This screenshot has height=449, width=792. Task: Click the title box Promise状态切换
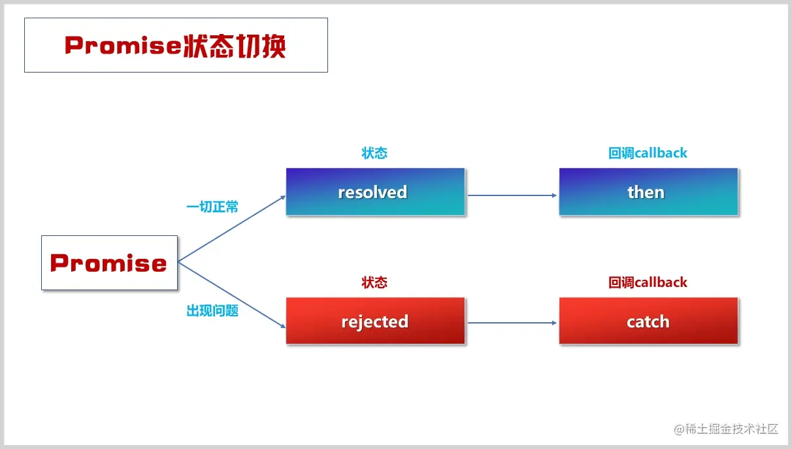(176, 45)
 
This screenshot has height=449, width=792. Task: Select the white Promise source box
(109, 263)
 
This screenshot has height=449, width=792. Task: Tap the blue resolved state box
(375, 192)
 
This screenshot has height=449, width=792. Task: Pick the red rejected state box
(375, 321)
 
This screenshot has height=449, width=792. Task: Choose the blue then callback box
(648, 192)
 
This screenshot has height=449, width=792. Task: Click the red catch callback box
(648, 321)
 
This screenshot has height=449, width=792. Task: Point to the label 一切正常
(212, 207)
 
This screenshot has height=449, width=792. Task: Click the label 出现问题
(212, 311)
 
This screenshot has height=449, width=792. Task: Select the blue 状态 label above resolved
(374, 153)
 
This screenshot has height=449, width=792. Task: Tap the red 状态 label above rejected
(374, 282)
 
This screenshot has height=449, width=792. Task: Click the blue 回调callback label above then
(648, 153)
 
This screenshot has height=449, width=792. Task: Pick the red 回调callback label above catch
(648, 282)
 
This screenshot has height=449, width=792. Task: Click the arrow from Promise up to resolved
(232, 228)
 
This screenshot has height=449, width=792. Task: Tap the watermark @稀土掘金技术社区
(727, 429)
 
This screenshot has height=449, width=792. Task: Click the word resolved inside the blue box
(372, 192)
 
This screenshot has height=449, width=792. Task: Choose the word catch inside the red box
(648, 322)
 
